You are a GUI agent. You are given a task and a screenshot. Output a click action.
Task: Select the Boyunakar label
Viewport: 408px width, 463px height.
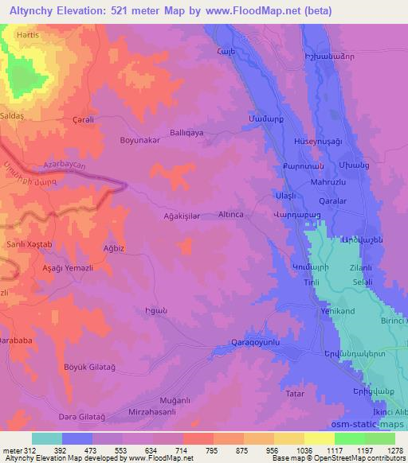(x=139, y=140)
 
